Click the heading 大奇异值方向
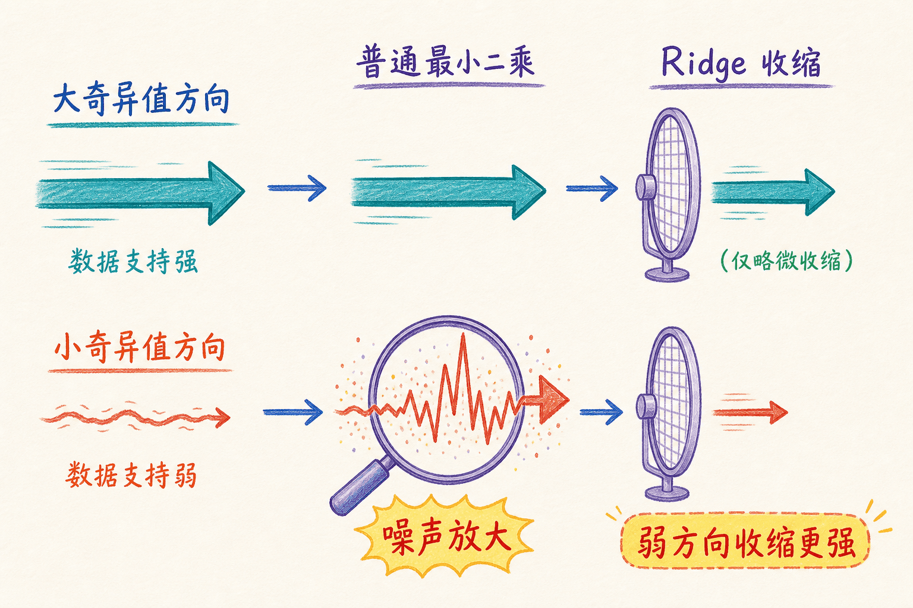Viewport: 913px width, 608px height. pos(141,99)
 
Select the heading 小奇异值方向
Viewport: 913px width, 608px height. pos(140,347)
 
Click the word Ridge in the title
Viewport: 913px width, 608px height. pos(704,64)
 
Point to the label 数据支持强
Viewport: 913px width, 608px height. pos(133,261)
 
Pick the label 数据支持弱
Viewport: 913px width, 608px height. pos(131,474)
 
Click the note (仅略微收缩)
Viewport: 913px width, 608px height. pos(786,261)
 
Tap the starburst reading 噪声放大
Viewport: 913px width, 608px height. pos(446,537)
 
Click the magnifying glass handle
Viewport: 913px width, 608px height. pos(358,487)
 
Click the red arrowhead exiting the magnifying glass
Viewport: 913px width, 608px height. pos(553,399)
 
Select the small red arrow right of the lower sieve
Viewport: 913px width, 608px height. pos(750,413)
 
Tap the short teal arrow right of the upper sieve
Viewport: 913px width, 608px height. pos(773,192)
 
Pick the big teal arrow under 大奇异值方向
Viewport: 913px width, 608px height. pos(141,193)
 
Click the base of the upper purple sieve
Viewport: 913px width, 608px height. pos(667,274)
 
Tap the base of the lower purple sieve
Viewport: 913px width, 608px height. pos(667,493)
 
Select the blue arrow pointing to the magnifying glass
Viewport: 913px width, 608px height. pos(293,412)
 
